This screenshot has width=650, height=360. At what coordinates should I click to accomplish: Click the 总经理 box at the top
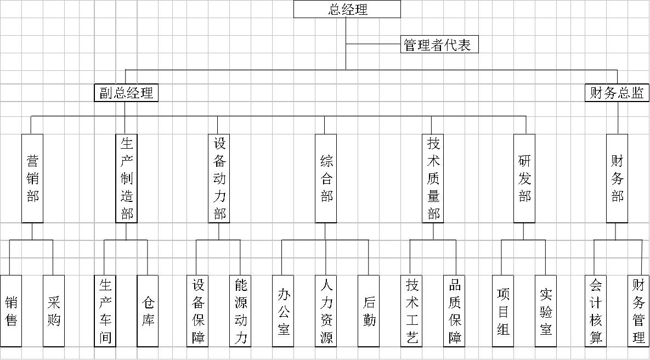tap(347, 9)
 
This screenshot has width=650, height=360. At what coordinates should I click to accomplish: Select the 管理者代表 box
tap(439, 44)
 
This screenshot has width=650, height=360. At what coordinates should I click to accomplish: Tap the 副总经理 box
tap(126, 93)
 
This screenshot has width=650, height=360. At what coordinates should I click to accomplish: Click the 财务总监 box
tap(617, 93)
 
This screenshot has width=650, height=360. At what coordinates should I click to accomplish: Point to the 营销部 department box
tap(32, 178)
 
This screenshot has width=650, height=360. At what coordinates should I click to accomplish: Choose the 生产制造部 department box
tap(127, 178)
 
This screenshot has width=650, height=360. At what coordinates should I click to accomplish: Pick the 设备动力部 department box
tap(218, 178)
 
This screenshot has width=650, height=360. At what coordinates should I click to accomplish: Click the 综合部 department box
tap(326, 178)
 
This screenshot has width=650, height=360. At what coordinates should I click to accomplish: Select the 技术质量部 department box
tap(433, 178)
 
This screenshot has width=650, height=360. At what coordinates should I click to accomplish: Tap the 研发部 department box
tap(524, 178)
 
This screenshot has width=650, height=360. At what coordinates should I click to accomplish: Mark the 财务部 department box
tap(617, 178)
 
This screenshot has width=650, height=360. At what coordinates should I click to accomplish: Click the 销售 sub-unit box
tap(11, 311)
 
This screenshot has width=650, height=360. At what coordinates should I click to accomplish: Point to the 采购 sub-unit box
tap(54, 311)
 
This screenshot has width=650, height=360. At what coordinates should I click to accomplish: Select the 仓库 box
tap(148, 311)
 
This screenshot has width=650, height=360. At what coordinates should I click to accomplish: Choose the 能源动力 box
tap(240, 311)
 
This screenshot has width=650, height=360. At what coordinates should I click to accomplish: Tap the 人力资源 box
tap(326, 311)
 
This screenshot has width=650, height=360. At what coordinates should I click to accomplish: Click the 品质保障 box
tap(454, 311)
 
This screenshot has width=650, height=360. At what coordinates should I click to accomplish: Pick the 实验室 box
tap(546, 311)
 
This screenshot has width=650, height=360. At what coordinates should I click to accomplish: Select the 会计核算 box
tap(596, 311)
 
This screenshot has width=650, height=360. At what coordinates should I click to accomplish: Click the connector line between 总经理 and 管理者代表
tap(374, 44)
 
